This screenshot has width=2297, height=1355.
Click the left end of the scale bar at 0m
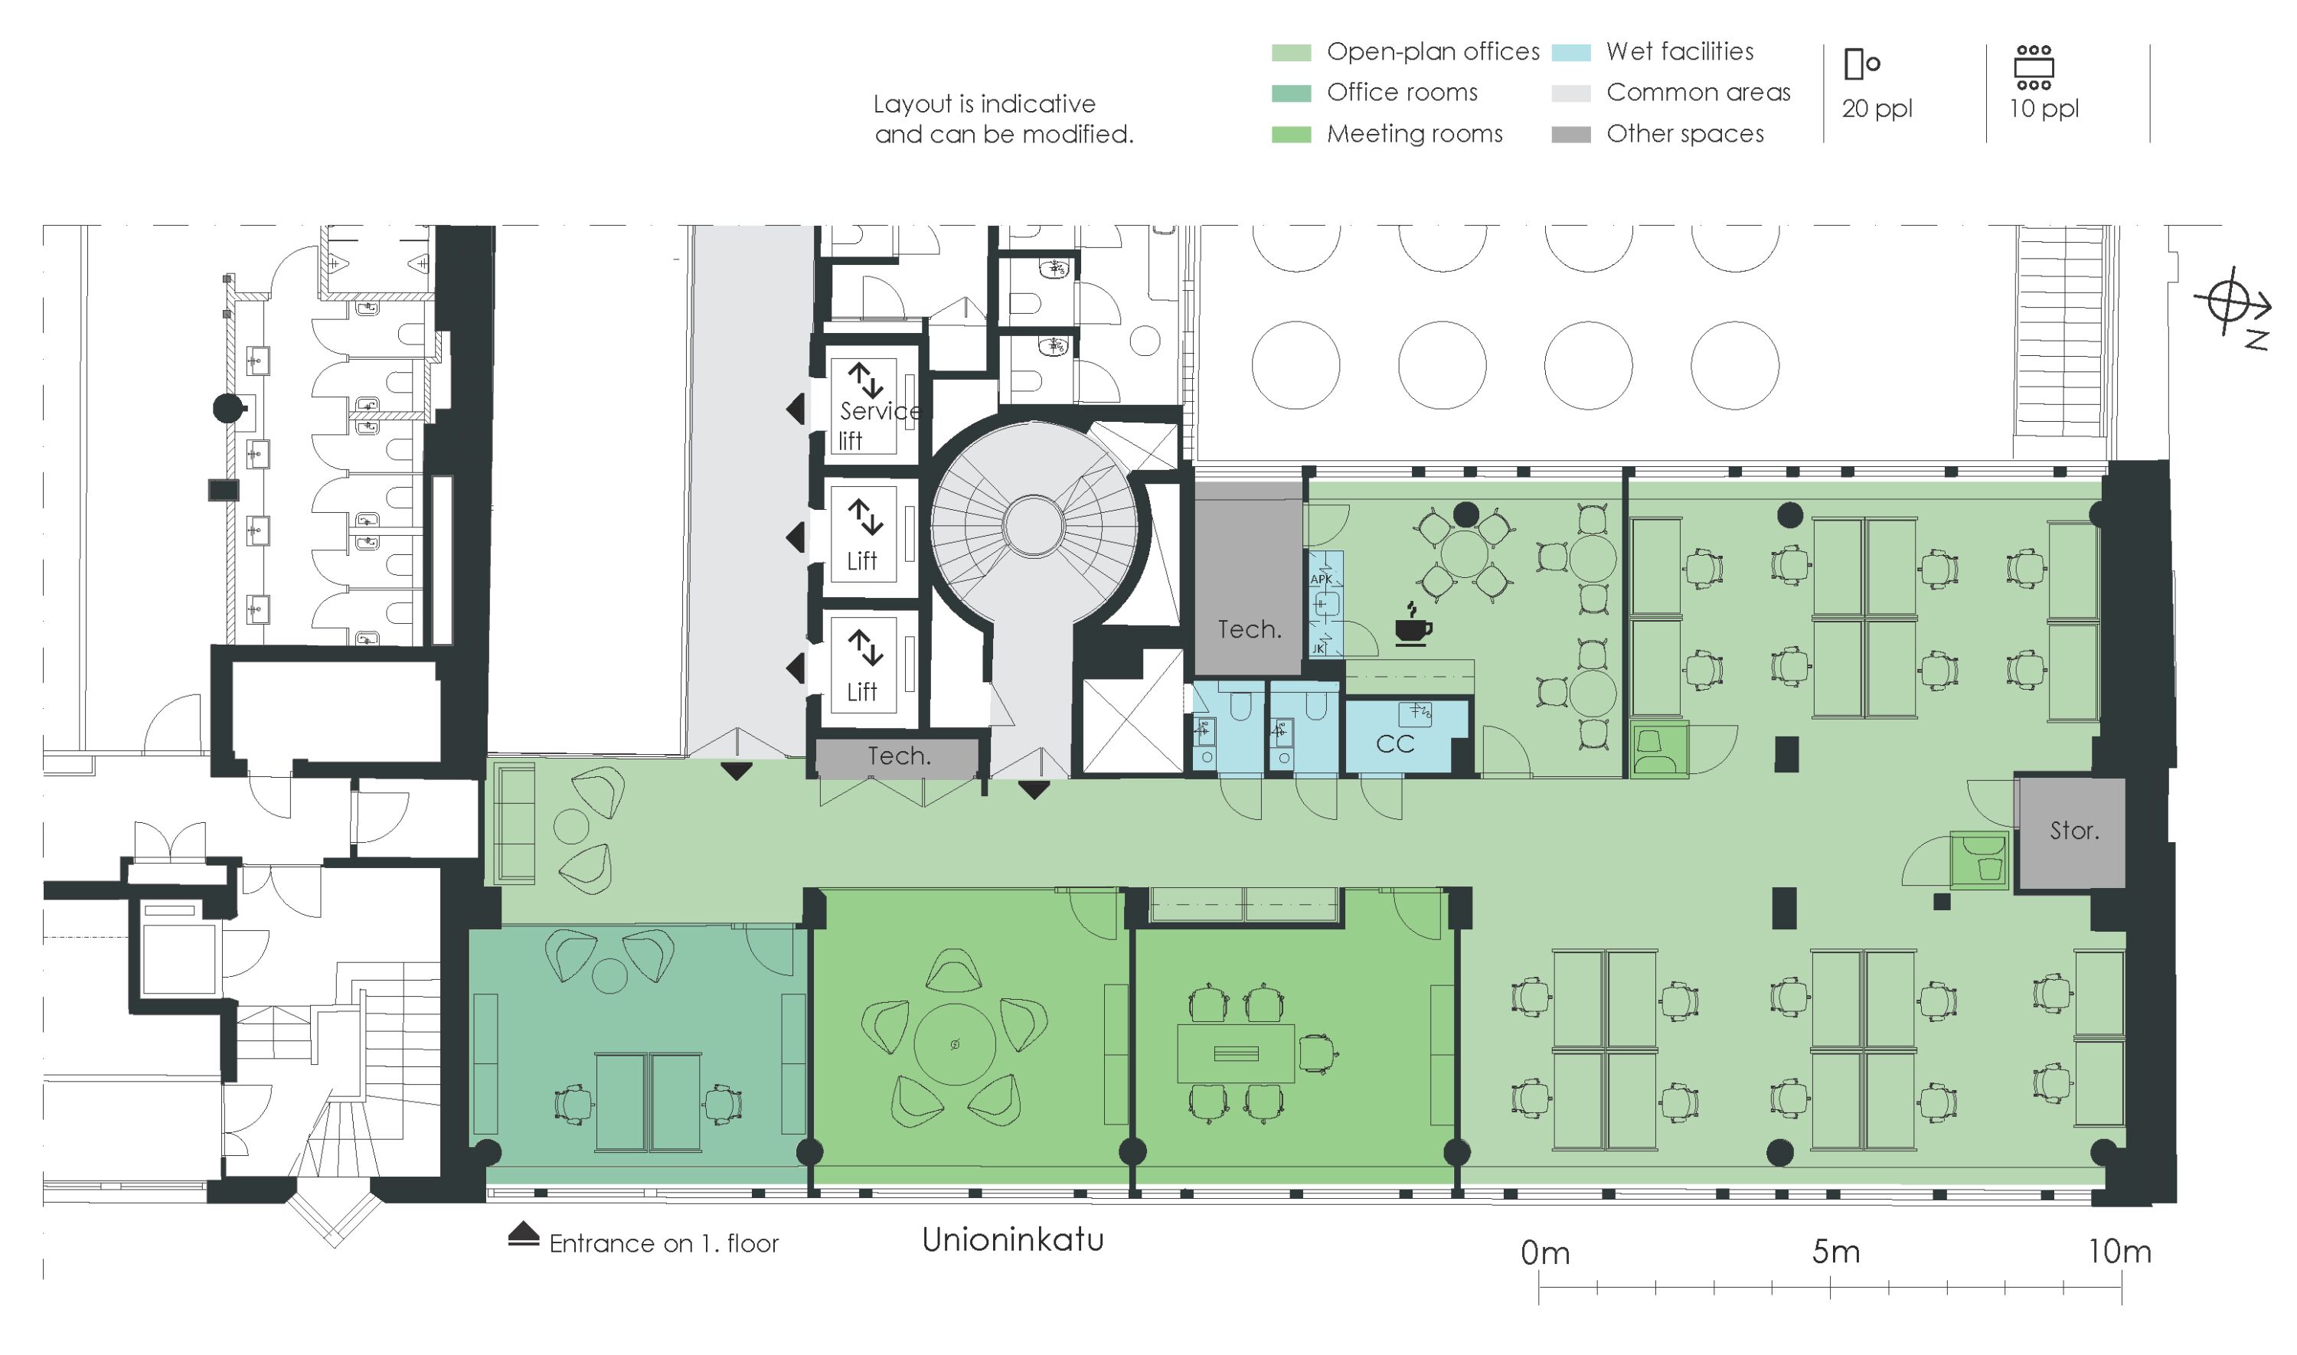1539,1288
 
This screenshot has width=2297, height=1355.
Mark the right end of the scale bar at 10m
2122,1288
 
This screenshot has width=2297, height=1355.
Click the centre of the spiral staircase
1034,525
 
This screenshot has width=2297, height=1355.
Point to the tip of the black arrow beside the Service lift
787,409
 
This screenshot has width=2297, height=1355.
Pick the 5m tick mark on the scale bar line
1831,1288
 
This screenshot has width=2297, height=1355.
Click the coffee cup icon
1413,624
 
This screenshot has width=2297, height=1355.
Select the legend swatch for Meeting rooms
1292,134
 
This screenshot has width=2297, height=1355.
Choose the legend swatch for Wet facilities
1571,52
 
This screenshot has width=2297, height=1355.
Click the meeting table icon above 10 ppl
2034,67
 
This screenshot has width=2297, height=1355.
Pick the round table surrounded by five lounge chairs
955,1043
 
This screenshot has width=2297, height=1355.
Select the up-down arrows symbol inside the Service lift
864,380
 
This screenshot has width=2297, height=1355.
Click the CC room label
1395,744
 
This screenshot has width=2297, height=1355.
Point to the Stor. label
2074,831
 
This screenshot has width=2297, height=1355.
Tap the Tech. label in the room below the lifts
899,756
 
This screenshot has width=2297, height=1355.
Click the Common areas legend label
1698,92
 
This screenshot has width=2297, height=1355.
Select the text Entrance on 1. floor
664,1243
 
